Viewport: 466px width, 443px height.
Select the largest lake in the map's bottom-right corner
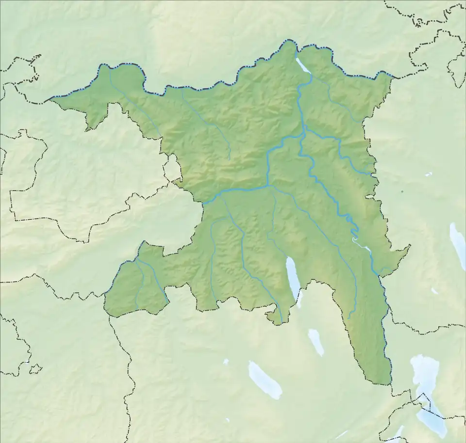click(427, 393)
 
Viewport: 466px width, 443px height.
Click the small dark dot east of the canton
click(402, 191)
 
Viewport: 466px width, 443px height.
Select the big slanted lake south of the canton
click(265, 380)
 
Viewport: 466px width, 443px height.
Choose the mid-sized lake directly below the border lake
click(316, 341)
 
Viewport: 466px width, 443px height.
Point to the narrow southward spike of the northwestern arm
click(88, 128)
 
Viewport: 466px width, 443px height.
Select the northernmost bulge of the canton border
click(290, 43)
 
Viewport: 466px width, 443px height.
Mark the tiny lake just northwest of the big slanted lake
click(226, 361)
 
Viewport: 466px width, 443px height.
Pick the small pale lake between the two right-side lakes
click(434, 291)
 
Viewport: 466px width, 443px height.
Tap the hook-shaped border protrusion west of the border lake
click(273, 315)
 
